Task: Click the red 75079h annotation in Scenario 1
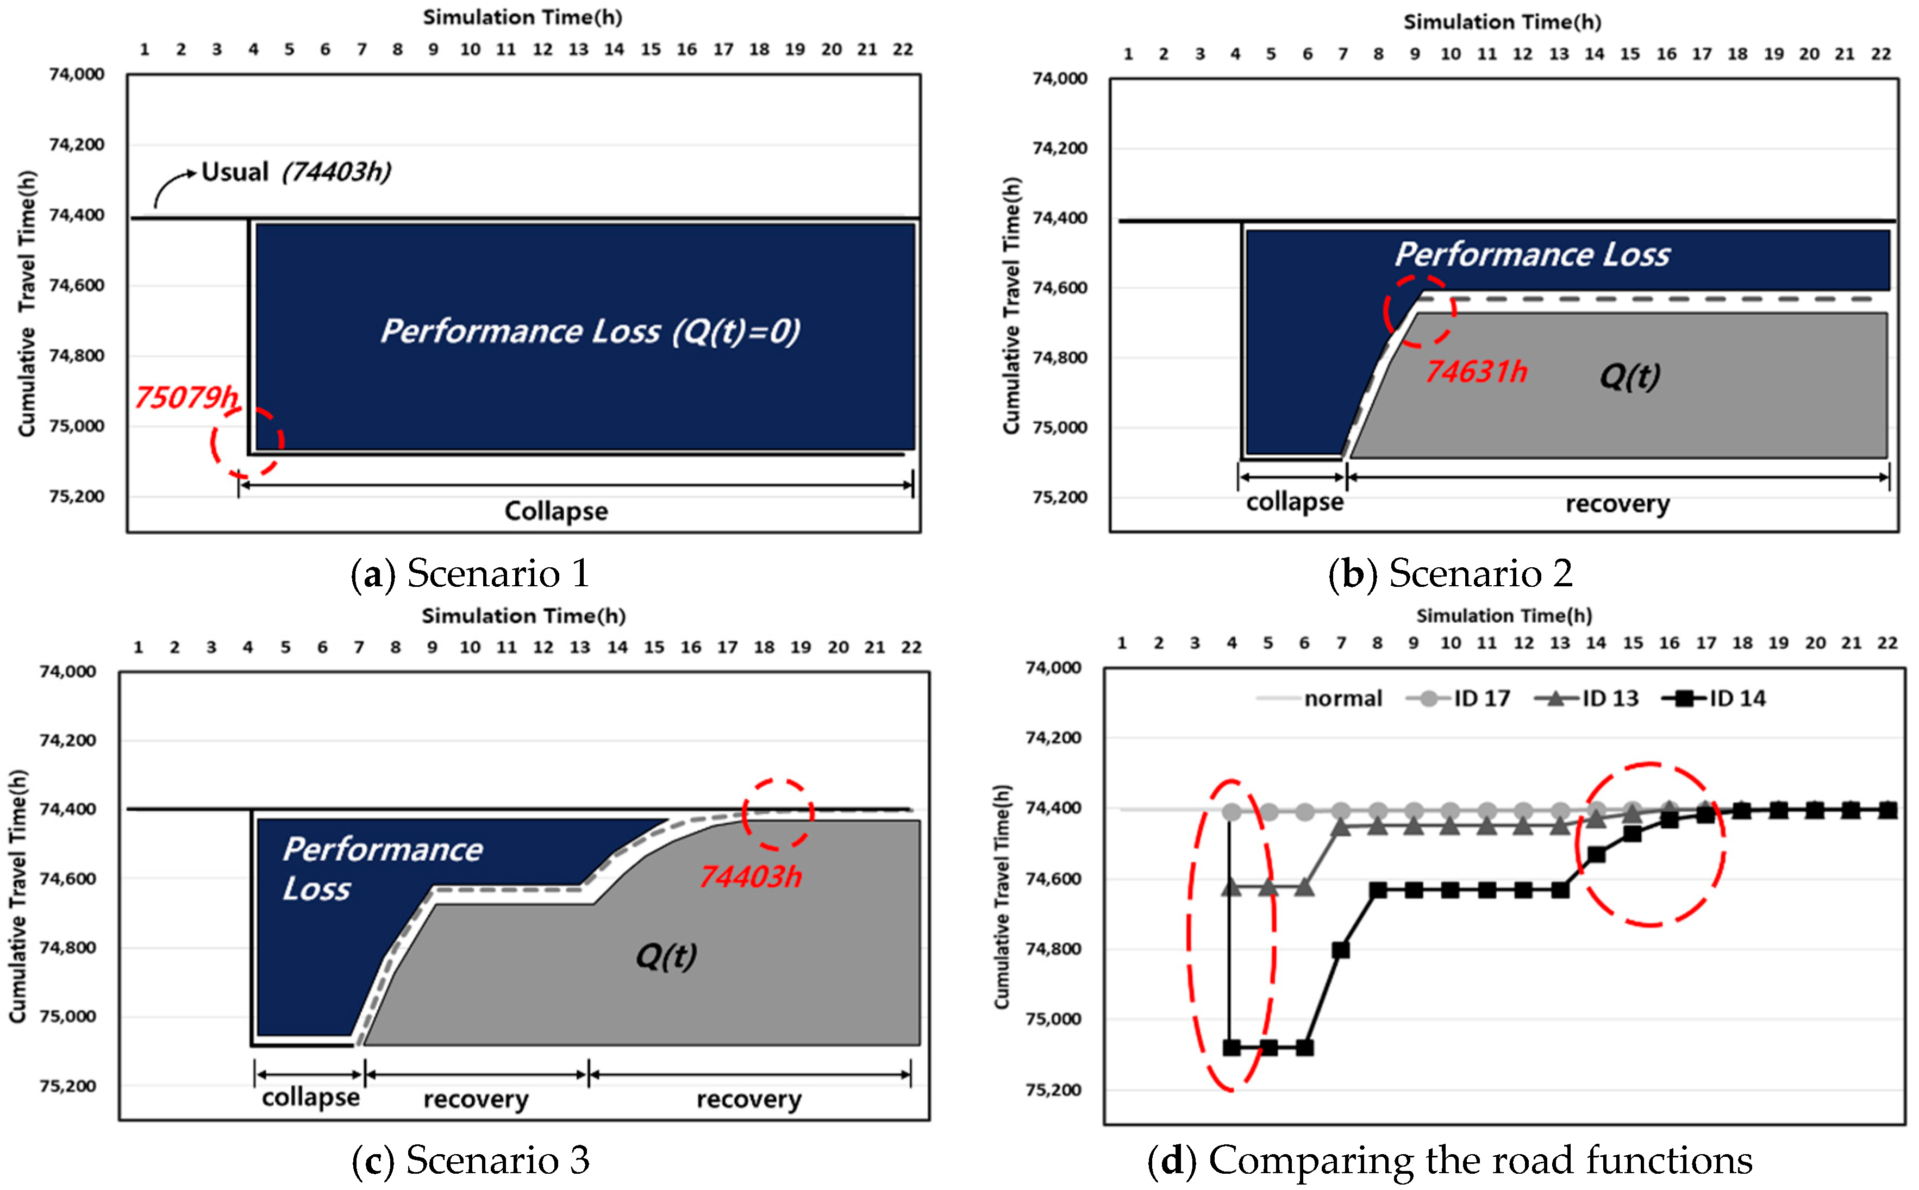coord(186,397)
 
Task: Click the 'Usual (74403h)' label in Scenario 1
coord(296,172)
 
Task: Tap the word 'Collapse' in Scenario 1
coord(556,511)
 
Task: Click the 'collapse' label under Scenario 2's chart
coord(1294,502)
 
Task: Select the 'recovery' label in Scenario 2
coord(1617,503)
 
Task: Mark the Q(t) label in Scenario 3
coord(666,956)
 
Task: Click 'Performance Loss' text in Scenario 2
coord(1532,254)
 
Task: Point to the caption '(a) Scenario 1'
coord(470,572)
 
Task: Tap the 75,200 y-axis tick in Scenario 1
coord(76,496)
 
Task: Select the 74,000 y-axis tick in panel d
coord(1053,667)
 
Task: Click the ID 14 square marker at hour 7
coord(1340,950)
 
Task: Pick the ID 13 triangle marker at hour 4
coord(1232,887)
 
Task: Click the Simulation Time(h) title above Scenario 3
coord(523,616)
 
